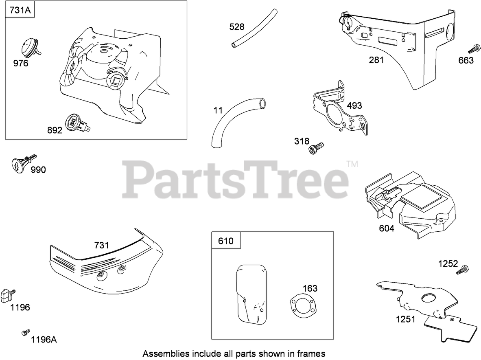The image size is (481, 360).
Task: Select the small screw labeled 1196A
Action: coord(25,333)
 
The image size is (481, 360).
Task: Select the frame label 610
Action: coord(226,241)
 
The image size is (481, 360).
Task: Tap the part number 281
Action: coord(376,60)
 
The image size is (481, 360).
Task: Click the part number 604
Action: coord(386,228)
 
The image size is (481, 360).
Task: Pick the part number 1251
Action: coord(406,319)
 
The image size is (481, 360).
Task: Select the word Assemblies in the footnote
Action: coord(162,353)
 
